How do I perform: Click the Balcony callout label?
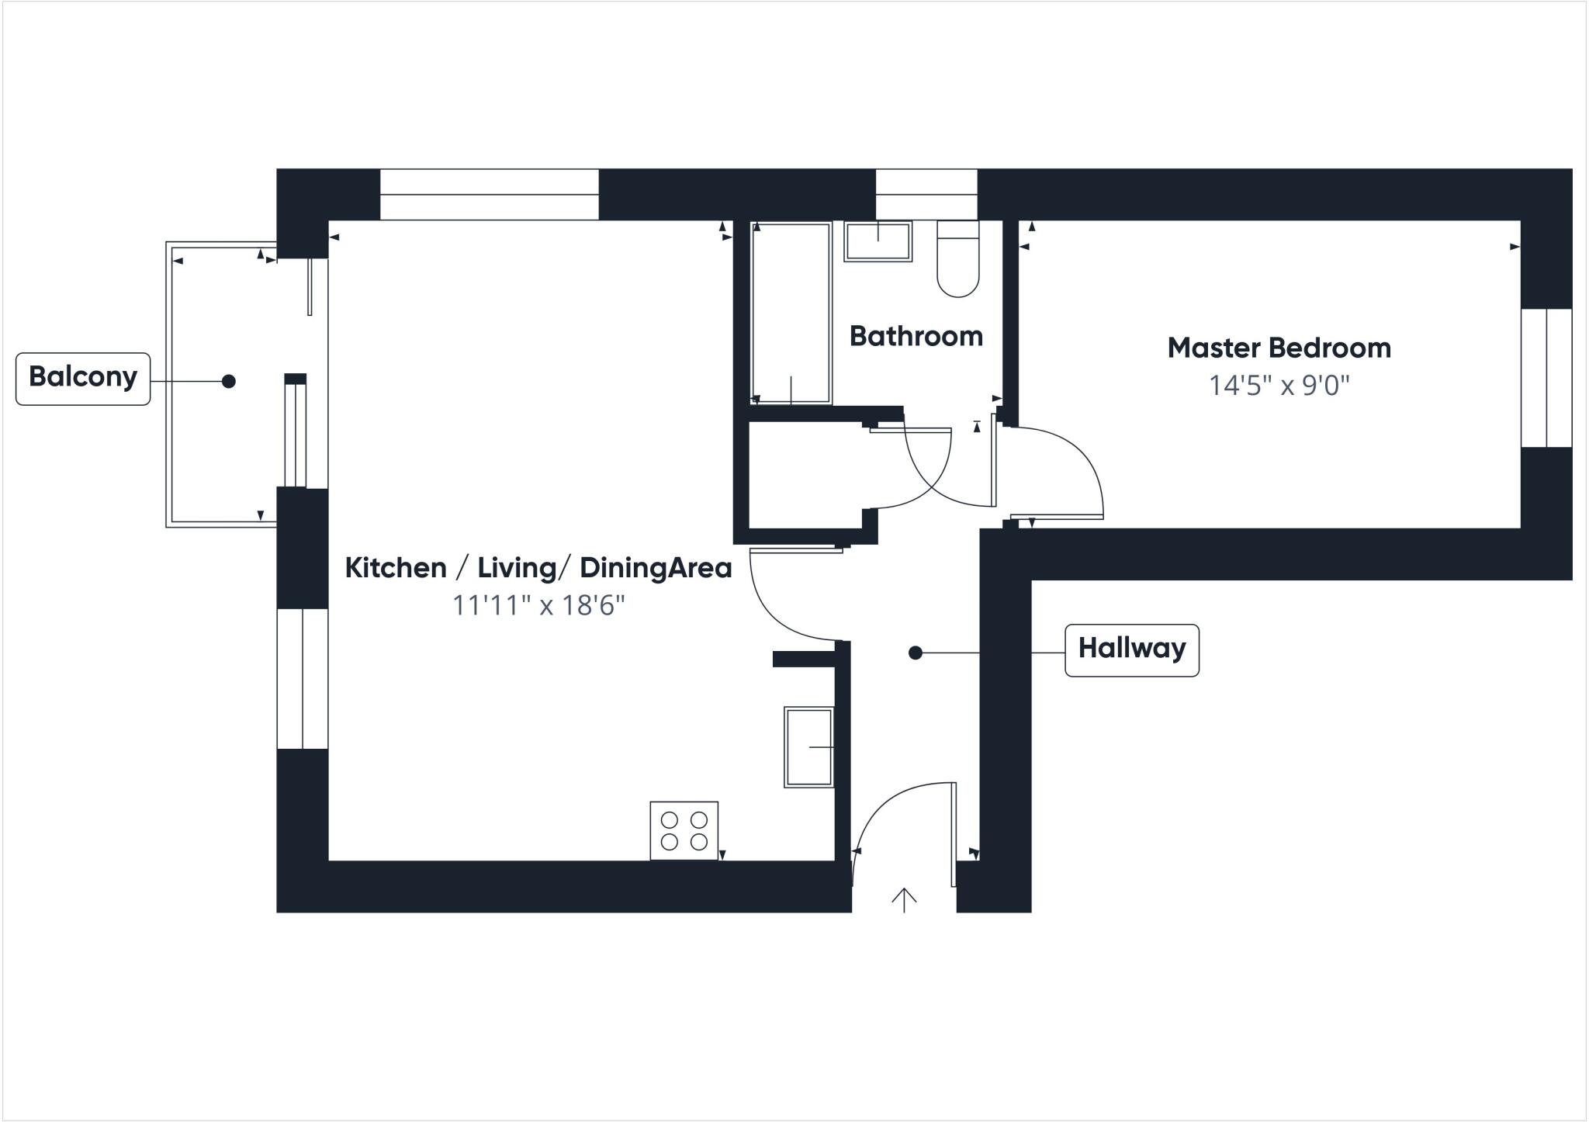pyautogui.click(x=83, y=378)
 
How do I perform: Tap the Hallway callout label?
pyautogui.click(x=1131, y=649)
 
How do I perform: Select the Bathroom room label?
pyautogui.click(x=916, y=336)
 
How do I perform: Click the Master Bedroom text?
pyautogui.click(x=1279, y=348)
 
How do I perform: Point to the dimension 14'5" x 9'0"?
pyautogui.click(x=1279, y=386)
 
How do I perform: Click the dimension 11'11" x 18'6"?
pyautogui.click(x=538, y=605)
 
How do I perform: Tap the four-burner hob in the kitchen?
pyautogui.click(x=684, y=830)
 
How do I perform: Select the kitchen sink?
pyautogui.click(x=809, y=746)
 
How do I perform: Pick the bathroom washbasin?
pyautogui.click(x=878, y=241)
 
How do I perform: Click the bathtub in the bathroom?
pyautogui.click(x=791, y=313)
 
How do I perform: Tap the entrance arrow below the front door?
pyautogui.click(x=904, y=899)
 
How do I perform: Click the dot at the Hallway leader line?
pyautogui.click(x=916, y=653)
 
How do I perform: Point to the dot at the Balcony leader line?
pyautogui.click(x=228, y=381)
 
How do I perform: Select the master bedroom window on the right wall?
pyautogui.click(x=1546, y=378)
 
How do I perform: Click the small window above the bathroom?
pyautogui.click(x=926, y=194)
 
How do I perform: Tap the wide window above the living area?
pyautogui.click(x=489, y=194)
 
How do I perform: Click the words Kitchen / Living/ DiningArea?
pyautogui.click(x=538, y=568)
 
